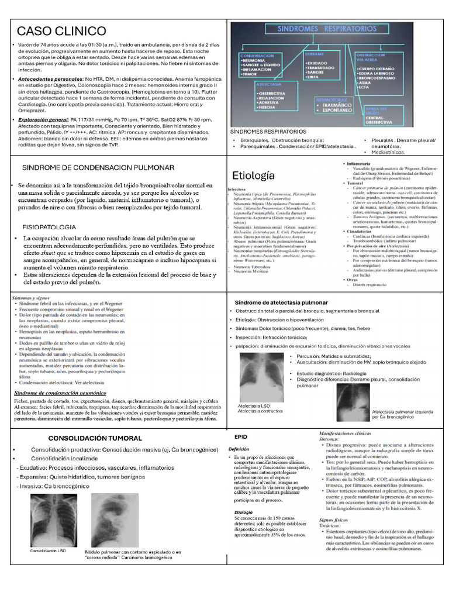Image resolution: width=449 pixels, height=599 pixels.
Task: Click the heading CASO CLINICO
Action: (61, 31)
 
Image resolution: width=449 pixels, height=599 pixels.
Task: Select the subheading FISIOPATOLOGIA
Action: (49, 226)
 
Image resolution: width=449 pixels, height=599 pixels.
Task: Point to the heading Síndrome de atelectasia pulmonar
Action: (281, 302)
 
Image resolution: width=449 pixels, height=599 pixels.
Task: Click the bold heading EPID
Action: (240, 437)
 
